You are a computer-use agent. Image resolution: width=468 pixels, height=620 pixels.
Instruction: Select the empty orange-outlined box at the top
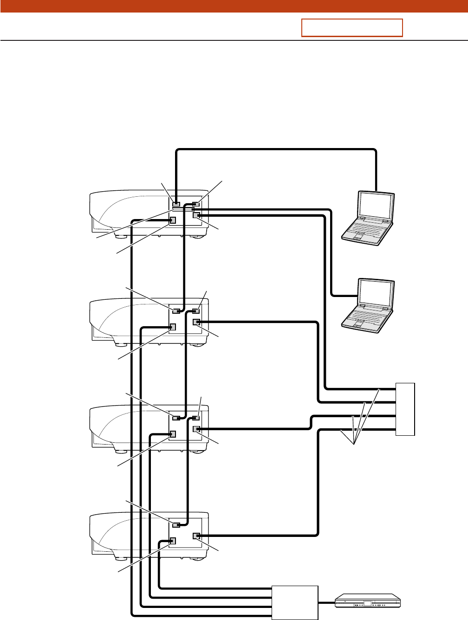pyautogui.click(x=352, y=28)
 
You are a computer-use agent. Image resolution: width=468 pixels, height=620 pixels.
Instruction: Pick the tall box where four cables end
pyautogui.click(x=405, y=409)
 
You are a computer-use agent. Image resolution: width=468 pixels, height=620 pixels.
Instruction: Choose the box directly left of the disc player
pyautogui.click(x=294, y=602)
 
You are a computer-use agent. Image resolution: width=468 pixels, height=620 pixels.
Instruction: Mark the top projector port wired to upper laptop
pyautogui.click(x=176, y=204)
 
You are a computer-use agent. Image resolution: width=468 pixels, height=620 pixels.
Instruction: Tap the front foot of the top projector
pyautogui.click(x=120, y=235)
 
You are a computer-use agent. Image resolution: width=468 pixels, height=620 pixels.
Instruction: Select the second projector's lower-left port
pyautogui.click(x=173, y=327)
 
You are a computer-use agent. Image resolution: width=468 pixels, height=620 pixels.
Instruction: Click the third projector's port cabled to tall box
pyautogui.click(x=196, y=429)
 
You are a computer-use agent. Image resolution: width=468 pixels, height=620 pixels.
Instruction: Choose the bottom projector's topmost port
pyautogui.click(x=176, y=525)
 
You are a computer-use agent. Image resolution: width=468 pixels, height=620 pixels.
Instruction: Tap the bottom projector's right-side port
pyautogui.click(x=196, y=536)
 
